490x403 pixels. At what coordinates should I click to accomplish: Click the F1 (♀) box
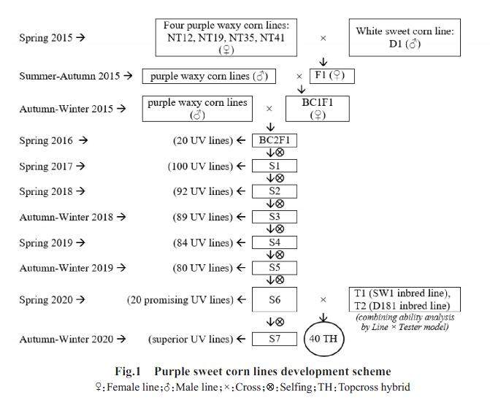pos(329,76)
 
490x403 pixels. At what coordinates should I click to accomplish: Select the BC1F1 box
pos(319,108)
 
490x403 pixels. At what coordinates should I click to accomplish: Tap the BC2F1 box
pos(275,141)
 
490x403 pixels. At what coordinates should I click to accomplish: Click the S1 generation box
pos(275,166)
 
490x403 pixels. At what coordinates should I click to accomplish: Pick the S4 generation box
pos(275,242)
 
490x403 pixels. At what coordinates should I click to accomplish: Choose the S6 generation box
pos(275,299)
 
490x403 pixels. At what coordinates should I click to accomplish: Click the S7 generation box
pos(275,339)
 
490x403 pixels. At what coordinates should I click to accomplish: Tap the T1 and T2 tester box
pos(405,299)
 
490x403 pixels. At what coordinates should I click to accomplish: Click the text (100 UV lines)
pos(199,166)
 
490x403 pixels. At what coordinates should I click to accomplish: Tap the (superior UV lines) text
pos(191,339)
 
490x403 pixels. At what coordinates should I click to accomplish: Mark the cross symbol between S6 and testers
pos(323,299)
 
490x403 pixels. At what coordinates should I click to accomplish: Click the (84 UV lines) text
pos(202,242)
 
